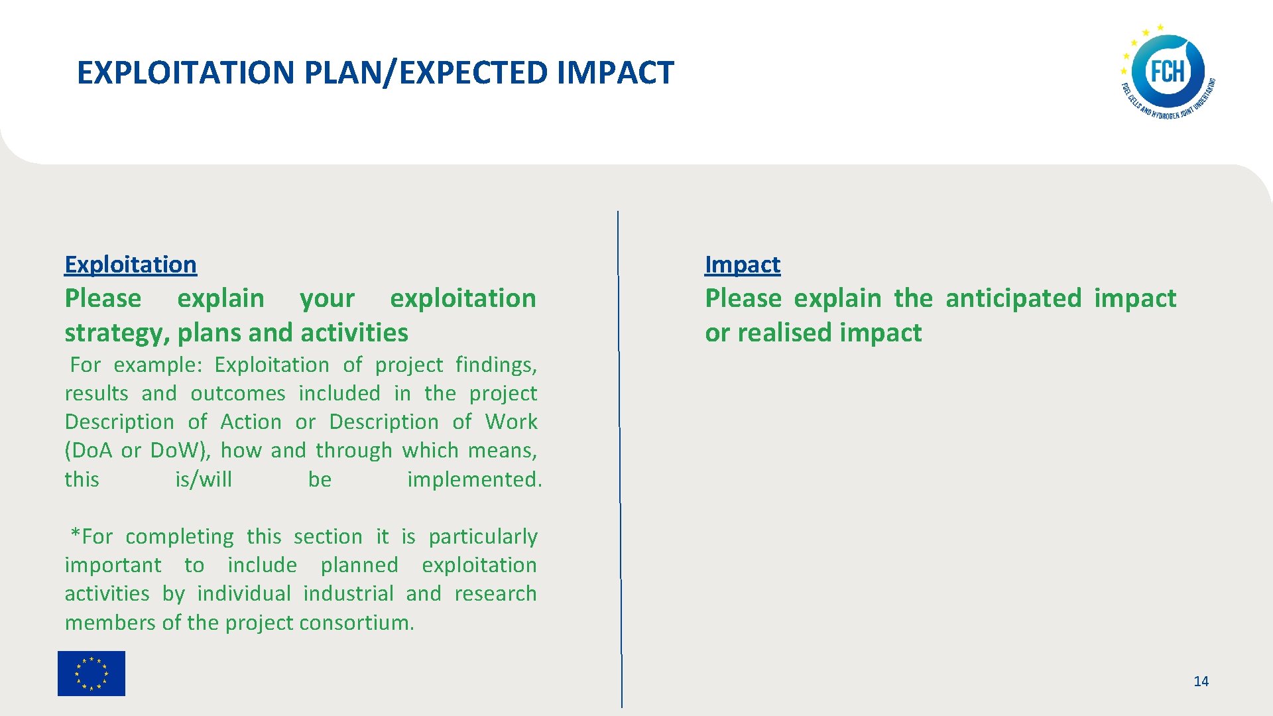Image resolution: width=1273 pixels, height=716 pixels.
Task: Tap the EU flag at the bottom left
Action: pos(91,673)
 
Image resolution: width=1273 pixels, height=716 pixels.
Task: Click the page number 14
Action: pos(1201,681)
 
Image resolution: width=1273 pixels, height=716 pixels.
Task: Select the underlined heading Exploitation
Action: pos(131,265)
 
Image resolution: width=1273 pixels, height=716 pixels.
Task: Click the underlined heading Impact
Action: pos(742,265)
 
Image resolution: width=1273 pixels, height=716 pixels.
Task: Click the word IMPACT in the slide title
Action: pos(615,73)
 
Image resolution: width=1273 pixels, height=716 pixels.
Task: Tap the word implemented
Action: pos(474,479)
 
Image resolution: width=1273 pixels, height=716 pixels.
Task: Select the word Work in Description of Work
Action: pos(511,422)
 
